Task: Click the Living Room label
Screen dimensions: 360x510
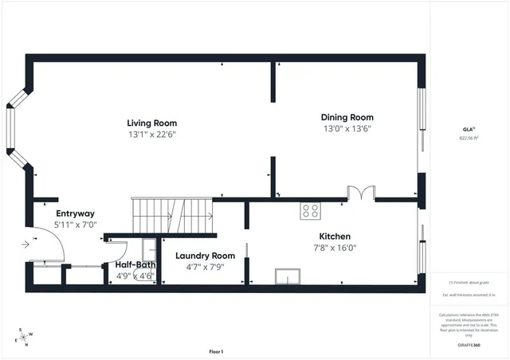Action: click(x=151, y=123)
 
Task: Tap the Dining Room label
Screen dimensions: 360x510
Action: click(x=347, y=117)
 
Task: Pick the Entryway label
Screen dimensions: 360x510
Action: click(x=75, y=213)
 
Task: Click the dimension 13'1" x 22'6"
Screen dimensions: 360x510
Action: click(x=151, y=135)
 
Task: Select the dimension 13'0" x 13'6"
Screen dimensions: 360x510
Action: click(x=347, y=128)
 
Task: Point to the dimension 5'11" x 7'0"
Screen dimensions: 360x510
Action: click(x=75, y=225)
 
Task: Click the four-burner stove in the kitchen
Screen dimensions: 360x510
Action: click(x=310, y=211)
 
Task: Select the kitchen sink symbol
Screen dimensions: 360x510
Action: click(x=287, y=276)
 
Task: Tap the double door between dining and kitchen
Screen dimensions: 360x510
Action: click(x=360, y=193)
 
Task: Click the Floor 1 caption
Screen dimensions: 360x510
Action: click(x=216, y=351)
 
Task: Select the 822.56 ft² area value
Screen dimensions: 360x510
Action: click(x=469, y=138)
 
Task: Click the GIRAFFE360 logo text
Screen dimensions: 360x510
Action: click(x=469, y=345)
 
